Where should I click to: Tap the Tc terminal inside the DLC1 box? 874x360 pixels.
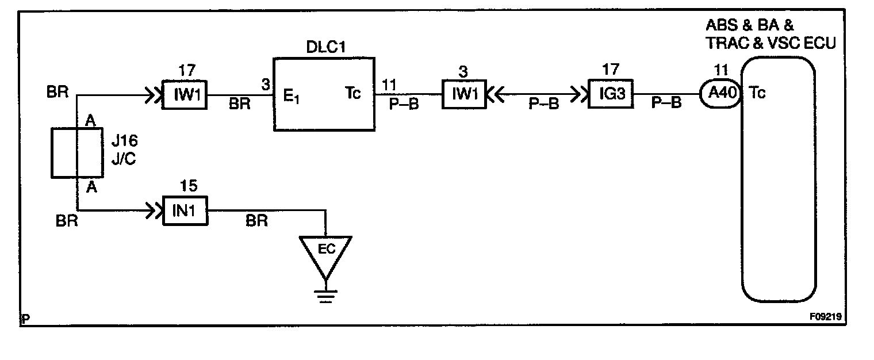point(352,94)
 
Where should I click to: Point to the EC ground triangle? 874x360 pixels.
point(325,253)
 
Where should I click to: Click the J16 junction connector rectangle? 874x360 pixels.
point(78,153)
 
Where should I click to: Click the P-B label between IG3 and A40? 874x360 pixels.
point(667,104)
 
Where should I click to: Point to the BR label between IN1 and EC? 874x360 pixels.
point(256,220)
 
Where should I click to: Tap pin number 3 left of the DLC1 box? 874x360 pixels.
point(266,84)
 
